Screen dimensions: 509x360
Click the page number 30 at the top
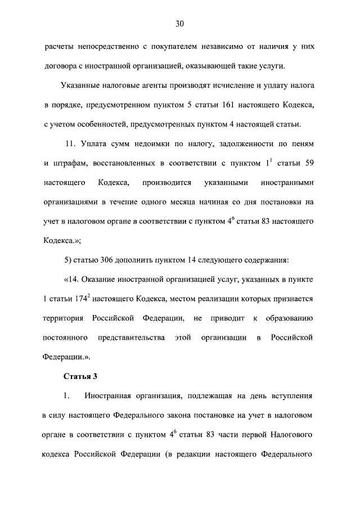[179, 24]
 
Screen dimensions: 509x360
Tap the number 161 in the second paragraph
[235, 105]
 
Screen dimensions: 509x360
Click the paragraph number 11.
[70, 145]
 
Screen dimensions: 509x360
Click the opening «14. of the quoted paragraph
[74, 280]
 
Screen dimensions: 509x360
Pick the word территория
[64, 318]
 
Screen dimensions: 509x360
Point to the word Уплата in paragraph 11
[93, 145]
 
